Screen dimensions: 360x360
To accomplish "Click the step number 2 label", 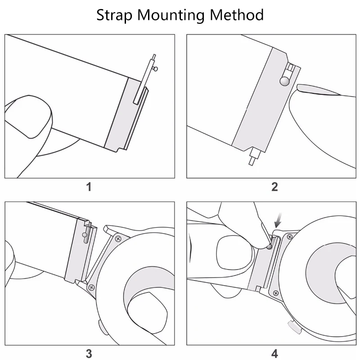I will tap(274, 187).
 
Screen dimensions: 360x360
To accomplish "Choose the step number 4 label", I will tap(274, 354).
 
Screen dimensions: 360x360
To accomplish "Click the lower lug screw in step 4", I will tap(276, 293).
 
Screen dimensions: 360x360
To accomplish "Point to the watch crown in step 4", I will tap(292, 327).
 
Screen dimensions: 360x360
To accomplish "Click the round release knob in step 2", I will tap(284, 81).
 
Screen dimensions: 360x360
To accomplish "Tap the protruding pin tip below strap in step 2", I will tap(252, 160).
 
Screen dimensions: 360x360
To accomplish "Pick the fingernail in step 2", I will tap(317, 89).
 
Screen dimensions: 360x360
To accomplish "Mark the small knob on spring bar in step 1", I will tap(156, 68).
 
